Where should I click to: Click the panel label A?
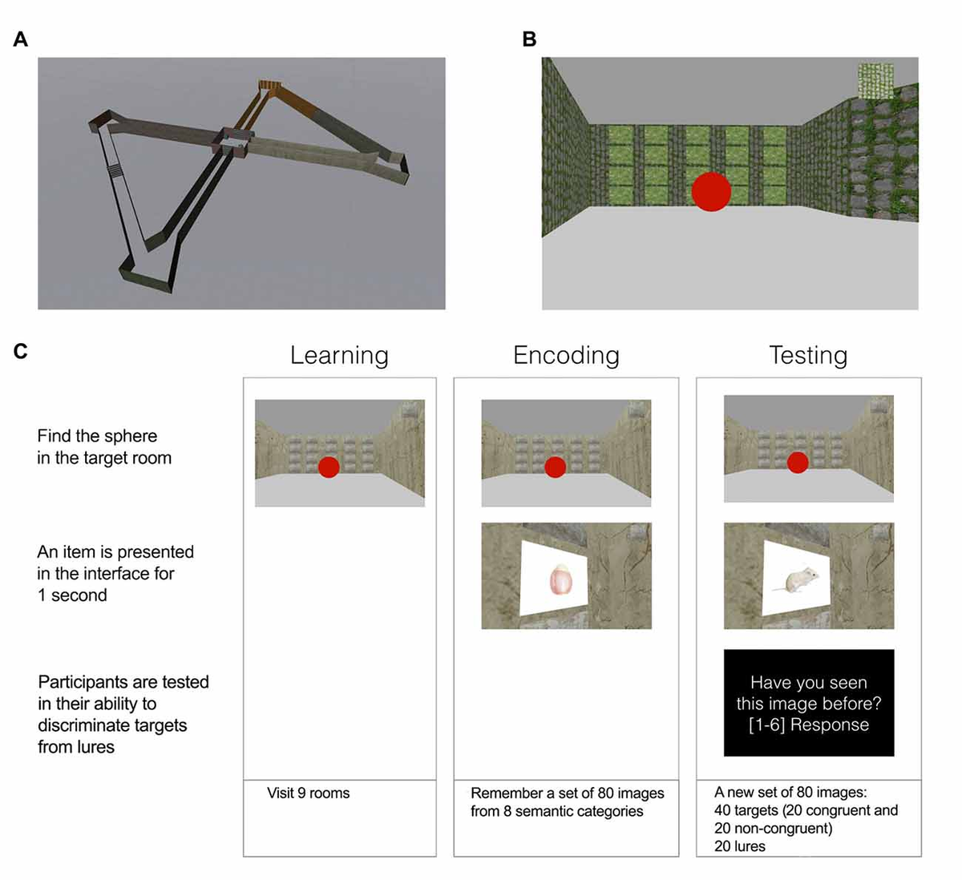pos(21,39)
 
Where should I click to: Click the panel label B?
pos(529,39)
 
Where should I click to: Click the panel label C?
pos(21,351)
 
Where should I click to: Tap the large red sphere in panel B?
pos(711,192)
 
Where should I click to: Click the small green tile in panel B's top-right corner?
pos(875,80)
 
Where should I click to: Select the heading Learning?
pos(339,355)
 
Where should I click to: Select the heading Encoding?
pos(566,355)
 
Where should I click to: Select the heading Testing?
pos(808,355)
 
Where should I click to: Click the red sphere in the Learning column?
pos(329,467)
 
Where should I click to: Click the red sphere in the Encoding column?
pos(555,467)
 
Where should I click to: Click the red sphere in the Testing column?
pos(797,462)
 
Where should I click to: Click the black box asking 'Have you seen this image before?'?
pos(809,703)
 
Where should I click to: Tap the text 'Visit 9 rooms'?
pos(309,793)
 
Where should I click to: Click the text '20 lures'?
pos(739,846)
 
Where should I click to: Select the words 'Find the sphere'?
pos(97,436)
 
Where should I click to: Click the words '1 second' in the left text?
pos(72,595)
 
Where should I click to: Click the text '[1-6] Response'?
pos(809,725)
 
